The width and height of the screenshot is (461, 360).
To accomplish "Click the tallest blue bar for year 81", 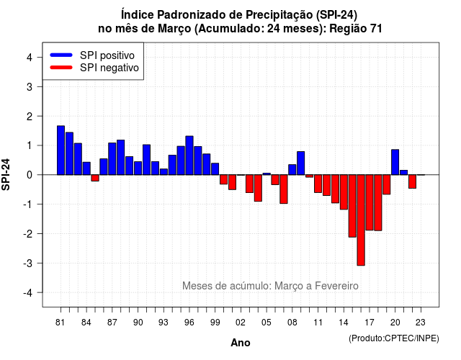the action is click(61, 150).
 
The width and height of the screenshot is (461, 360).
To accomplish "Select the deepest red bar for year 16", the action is click(361, 220).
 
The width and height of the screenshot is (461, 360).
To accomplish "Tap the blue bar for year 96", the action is click(189, 156).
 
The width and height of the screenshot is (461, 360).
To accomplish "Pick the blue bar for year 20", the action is click(395, 162).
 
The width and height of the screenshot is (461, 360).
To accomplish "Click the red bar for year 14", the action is click(344, 192).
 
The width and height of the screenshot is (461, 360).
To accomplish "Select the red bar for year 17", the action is click(370, 202).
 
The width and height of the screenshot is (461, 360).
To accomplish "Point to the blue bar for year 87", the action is click(112, 158).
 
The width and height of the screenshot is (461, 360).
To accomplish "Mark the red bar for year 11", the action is click(318, 184).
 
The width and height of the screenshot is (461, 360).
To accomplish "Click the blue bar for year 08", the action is click(292, 170).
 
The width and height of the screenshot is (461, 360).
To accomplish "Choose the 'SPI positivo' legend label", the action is click(107, 55).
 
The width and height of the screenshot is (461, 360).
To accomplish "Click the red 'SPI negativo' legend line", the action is click(61, 68).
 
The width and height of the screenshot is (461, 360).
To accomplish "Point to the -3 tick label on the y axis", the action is click(29, 263).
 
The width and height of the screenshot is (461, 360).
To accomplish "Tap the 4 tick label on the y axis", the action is click(30, 57).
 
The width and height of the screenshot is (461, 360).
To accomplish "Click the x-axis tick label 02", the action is click(241, 323).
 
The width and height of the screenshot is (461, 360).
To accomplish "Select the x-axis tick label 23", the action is click(421, 323).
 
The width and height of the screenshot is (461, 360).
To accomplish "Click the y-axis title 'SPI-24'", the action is click(6, 174).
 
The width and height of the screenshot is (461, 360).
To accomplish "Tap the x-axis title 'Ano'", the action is click(241, 343).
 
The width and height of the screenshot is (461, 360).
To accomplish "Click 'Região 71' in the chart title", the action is click(356, 29).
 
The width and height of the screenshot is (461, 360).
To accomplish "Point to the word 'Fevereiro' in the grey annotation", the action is click(336, 286).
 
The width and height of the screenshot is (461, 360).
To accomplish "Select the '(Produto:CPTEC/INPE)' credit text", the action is click(394, 338).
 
